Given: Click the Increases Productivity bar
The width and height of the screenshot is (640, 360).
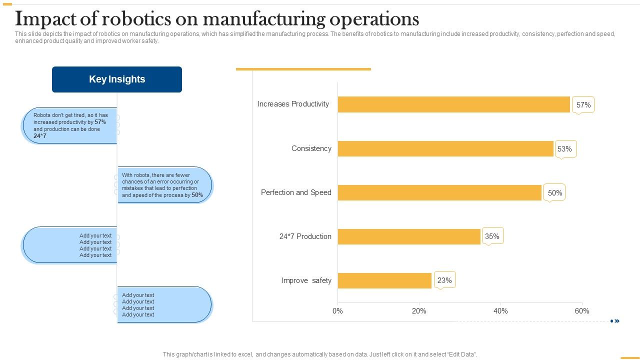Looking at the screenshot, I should click(x=453, y=104).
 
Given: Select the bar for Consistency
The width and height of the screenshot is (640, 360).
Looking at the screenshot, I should click(x=445, y=148).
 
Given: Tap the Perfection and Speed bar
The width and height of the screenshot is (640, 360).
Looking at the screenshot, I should click(x=439, y=192).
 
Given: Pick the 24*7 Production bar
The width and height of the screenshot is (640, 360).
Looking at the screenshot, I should click(x=409, y=236).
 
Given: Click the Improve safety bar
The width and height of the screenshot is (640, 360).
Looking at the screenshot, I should click(x=384, y=280).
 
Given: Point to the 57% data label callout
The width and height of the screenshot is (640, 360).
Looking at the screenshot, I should click(x=583, y=105).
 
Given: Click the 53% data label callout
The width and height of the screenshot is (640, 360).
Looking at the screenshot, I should click(x=565, y=149).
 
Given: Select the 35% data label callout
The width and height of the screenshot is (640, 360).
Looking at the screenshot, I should click(x=492, y=236).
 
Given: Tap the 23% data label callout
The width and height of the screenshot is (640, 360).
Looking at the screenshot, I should click(x=444, y=280).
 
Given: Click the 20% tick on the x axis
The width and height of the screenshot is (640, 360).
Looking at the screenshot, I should click(x=419, y=311).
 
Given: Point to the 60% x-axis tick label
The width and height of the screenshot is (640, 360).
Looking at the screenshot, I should click(x=581, y=311).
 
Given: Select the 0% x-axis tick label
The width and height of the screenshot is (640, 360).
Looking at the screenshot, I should click(x=337, y=311).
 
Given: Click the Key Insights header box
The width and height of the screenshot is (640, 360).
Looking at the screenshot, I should click(x=117, y=79).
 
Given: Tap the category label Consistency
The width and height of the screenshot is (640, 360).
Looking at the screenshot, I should click(x=311, y=148).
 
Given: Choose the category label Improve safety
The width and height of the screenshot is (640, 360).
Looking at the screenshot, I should click(x=306, y=280).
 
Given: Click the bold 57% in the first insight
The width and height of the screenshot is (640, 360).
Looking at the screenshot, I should click(x=100, y=122).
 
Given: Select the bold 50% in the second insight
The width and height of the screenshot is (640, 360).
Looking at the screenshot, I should click(x=197, y=195).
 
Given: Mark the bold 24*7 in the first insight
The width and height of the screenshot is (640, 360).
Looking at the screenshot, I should click(x=40, y=136).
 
